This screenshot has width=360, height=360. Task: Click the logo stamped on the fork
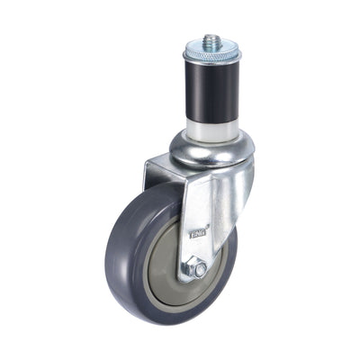(198, 233)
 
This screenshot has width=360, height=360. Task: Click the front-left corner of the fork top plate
(147, 162)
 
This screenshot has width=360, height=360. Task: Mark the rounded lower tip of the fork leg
(193, 280)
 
